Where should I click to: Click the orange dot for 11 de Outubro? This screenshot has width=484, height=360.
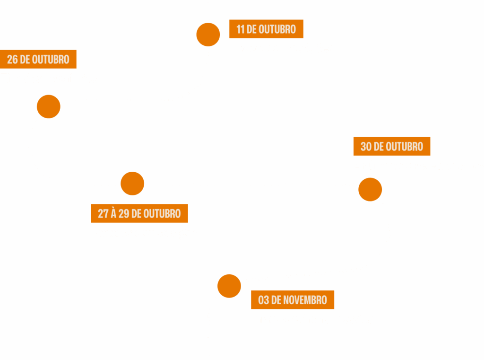pos(208,35)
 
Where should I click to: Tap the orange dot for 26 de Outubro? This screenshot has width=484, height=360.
pos(49,106)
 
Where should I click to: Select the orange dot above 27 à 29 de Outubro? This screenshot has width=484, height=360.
pos(132,184)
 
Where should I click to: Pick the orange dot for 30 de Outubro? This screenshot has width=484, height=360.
pos(370,189)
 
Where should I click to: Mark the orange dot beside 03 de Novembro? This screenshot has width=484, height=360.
pos(229,286)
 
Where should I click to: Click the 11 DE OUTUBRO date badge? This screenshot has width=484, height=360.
pos(266,29)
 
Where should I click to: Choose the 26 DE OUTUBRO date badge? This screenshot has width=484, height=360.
pos(38,59)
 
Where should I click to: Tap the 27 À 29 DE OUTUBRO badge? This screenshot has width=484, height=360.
pos(139,213)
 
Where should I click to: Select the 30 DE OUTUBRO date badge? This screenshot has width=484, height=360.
pos(391,146)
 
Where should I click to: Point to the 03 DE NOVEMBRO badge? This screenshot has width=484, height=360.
pos(293,300)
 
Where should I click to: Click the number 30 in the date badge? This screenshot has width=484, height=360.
pos(366,146)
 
